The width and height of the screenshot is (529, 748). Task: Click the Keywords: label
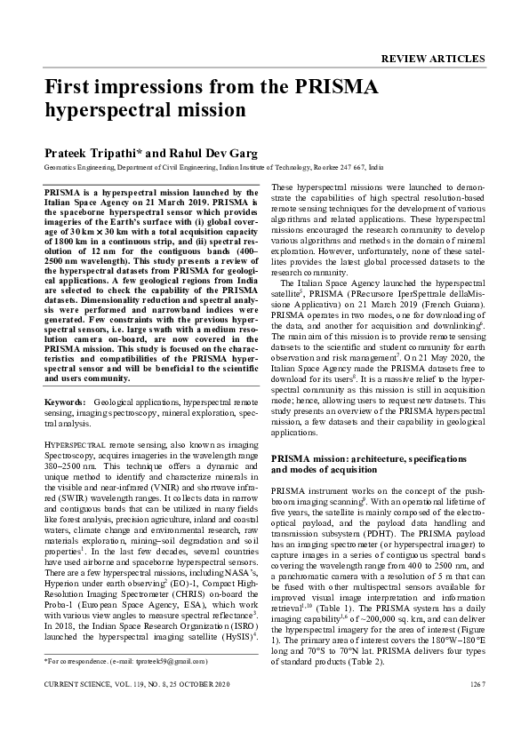(66, 403)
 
